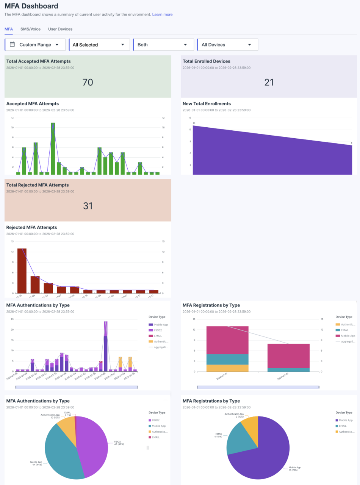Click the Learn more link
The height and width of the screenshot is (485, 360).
click(162, 14)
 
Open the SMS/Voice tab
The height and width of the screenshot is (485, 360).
click(30, 29)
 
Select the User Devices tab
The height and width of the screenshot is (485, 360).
click(60, 29)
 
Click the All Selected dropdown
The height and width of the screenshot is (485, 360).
click(99, 45)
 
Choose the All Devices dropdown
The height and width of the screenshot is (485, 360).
click(227, 45)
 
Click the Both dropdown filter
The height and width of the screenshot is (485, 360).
click(163, 45)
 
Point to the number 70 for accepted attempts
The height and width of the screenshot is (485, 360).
click(88, 82)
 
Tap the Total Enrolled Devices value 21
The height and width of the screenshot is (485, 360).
click(269, 82)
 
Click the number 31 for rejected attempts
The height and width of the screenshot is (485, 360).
click(88, 206)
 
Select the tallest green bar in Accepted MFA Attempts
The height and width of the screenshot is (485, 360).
click(53, 148)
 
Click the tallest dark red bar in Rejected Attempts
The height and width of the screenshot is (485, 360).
click(22, 271)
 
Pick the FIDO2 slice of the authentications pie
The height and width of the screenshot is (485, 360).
click(97, 443)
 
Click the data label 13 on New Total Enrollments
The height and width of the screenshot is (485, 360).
click(194, 123)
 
